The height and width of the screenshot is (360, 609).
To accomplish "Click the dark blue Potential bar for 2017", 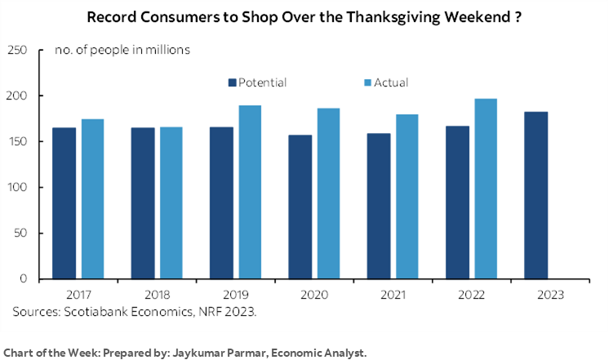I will (64, 203).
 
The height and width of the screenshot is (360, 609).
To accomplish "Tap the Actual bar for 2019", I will (251, 193).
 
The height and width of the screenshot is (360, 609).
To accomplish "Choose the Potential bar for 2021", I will (380, 206).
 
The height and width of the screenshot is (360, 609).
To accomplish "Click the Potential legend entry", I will (257, 82).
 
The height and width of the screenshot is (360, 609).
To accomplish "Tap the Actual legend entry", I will (385, 82).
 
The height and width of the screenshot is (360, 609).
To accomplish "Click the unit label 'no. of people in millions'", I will (122, 51).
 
